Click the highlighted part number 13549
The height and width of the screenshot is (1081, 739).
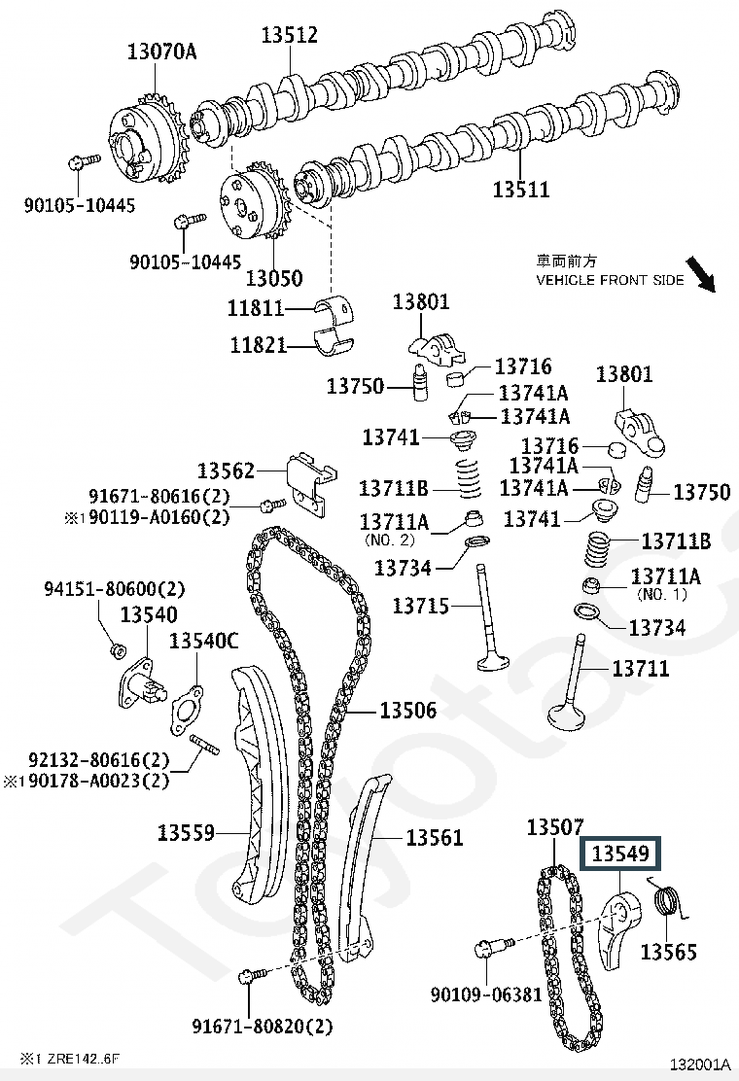click(620, 854)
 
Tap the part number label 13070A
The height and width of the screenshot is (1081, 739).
click(161, 52)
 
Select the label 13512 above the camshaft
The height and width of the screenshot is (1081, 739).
click(289, 36)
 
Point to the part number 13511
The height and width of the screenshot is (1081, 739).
click(520, 190)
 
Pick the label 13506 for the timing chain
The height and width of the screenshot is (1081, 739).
click(407, 712)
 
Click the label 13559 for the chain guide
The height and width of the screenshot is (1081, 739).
click(187, 832)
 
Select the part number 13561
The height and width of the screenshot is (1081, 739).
click(435, 836)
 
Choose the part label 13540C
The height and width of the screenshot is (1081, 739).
click(203, 641)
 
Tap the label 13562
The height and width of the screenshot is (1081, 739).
click(226, 471)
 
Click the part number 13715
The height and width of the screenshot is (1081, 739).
click(421, 607)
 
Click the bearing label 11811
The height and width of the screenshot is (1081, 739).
click(256, 309)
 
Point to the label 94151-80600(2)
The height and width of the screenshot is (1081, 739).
click(114, 589)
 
